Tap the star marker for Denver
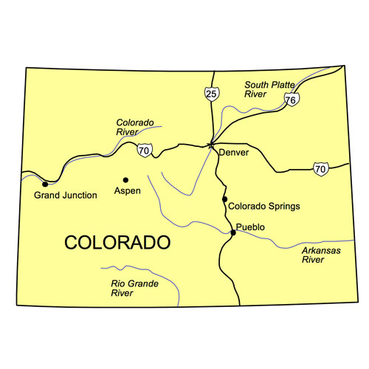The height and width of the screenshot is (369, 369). (x=210, y=145)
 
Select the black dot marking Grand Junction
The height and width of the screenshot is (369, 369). (x=46, y=184)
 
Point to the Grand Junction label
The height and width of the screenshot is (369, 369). (x=66, y=196)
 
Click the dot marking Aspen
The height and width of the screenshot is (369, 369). (x=125, y=179)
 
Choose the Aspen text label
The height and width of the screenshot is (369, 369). (x=127, y=191)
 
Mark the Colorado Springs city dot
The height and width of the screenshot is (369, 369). (x=224, y=199)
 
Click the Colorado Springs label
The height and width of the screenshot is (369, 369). (x=264, y=207)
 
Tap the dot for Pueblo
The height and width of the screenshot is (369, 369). (x=233, y=232)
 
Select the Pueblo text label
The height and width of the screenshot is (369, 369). (x=250, y=227)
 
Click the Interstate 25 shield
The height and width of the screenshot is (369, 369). (x=212, y=94)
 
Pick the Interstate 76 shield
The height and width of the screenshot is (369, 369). (x=292, y=100)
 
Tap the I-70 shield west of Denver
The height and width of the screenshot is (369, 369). (x=144, y=150)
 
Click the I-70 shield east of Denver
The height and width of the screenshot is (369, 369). (x=320, y=169)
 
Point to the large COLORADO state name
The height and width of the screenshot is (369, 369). (x=117, y=242)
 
